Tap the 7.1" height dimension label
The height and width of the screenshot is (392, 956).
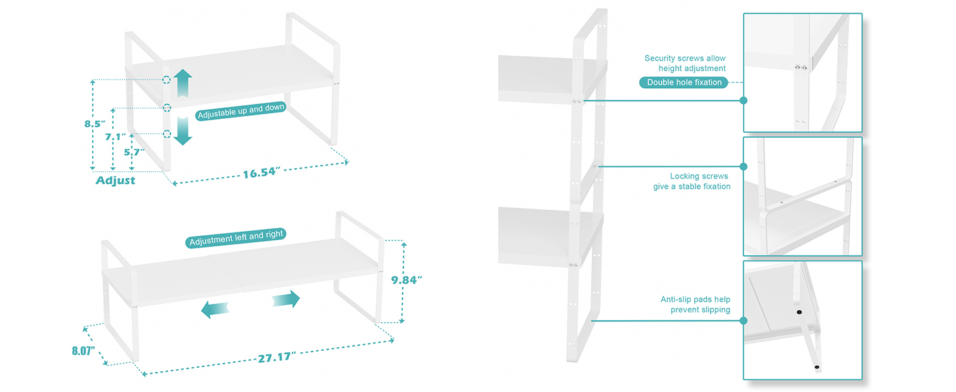pyautogui.click(x=115, y=137)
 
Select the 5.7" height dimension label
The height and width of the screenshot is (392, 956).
pyautogui.click(x=134, y=152)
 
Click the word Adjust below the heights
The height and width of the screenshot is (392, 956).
pyautogui.click(x=116, y=180)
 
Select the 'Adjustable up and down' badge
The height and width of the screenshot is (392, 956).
pyautogui.click(x=240, y=111)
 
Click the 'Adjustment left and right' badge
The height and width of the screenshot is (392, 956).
pyautogui.click(x=236, y=238)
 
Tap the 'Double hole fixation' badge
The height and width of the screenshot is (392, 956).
pyautogui.click(x=684, y=82)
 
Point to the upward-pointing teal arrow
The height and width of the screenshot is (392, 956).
pyautogui.click(x=183, y=83)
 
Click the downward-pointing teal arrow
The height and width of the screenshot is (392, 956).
pyautogui.click(x=183, y=131)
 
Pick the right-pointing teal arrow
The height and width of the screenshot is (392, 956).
pyautogui.click(x=286, y=299)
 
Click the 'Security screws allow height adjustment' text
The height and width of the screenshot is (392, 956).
pyautogui.click(x=684, y=63)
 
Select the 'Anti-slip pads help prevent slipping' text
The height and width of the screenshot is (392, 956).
pyautogui.click(x=695, y=304)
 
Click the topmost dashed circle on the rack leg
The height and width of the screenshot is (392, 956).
pyautogui.click(x=167, y=80)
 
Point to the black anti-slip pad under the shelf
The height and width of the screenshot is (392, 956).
pyautogui.click(x=799, y=313)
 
